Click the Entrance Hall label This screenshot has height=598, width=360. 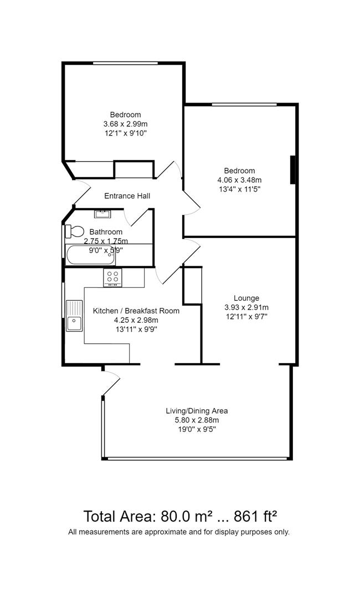[x=127, y=196]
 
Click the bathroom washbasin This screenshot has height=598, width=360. [x=102, y=214]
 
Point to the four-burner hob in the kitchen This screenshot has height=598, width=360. [x=112, y=277]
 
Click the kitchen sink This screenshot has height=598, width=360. [x=74, y=316]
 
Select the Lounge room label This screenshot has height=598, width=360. [x=246, y=298]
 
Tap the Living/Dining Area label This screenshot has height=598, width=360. [x=197, y=411]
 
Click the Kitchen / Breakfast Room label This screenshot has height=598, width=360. [x=136, y=311]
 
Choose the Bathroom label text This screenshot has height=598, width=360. [x=106, y=232]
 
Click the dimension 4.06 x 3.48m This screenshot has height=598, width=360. [x=239, y=180]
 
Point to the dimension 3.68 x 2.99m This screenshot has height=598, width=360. [x=125, y=124]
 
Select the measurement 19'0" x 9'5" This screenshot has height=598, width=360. [x=197, y=429]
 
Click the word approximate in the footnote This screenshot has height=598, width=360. [x=159, y=532]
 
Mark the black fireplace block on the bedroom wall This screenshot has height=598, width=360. [x=292, y=169]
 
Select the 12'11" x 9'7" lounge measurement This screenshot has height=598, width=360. [x=246, y=317]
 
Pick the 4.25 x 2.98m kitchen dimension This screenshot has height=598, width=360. [x=136, y=320]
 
